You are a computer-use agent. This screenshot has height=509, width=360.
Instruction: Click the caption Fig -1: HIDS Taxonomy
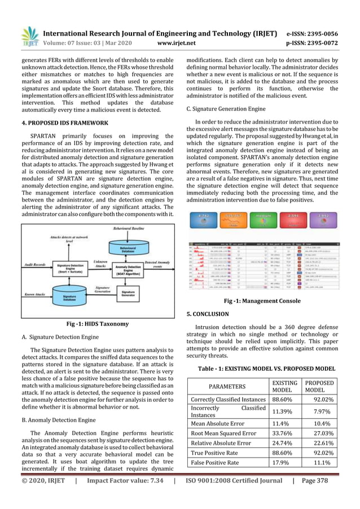tap(98, 324)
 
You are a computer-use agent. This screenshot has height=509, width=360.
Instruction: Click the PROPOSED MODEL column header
tap(319, 387)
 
